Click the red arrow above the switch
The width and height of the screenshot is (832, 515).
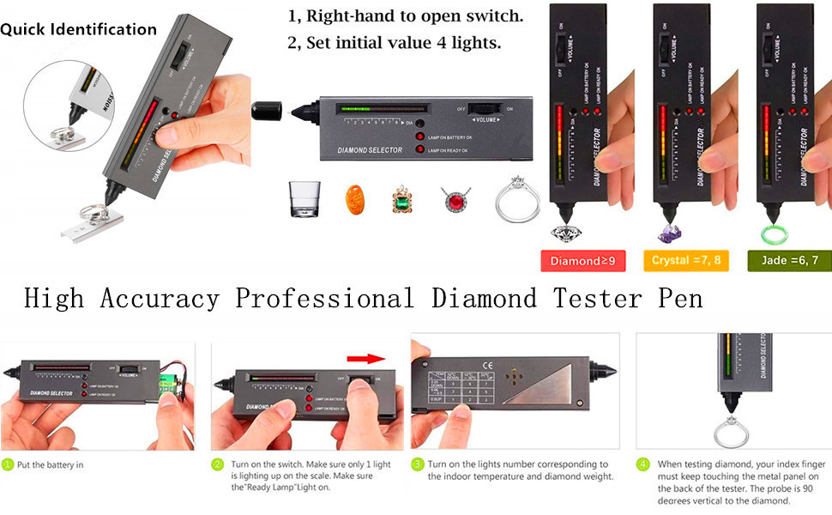coord(364,358)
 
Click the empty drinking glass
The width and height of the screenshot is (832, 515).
coord(305,200)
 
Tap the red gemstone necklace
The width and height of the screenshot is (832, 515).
coord(454,201)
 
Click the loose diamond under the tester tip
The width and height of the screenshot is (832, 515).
coord(567,233)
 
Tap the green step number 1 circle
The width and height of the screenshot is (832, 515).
coord(7,464)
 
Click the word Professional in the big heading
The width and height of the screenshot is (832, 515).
coord(324,299)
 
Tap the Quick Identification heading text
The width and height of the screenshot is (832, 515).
coord(78,29)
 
